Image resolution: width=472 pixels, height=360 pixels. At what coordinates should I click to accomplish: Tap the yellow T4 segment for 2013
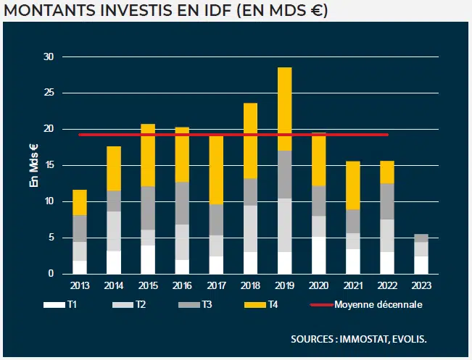[x=80, y=202]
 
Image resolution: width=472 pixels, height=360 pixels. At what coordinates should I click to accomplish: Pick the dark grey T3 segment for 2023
[x=421, y=238]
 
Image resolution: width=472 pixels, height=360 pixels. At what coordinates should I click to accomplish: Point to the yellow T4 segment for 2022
[x=387, y=172]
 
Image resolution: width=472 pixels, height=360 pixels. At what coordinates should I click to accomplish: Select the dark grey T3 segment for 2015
[x=148, y=208]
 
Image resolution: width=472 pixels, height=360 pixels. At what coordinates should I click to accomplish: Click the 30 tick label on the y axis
[x=49, y=56]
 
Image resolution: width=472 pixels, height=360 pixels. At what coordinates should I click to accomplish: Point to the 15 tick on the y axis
[x=49, y=165]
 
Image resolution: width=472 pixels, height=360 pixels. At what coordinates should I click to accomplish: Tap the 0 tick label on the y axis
[x=51, y=274]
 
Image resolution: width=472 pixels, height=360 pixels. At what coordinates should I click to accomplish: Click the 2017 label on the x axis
[x=216, y=286]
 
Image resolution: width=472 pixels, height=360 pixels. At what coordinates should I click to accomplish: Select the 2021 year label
[x=353, y=286]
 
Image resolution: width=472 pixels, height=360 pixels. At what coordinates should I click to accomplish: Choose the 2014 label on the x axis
[x=114, y=286]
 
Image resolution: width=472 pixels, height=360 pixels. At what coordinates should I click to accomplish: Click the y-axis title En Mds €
[x=33, y=166]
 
